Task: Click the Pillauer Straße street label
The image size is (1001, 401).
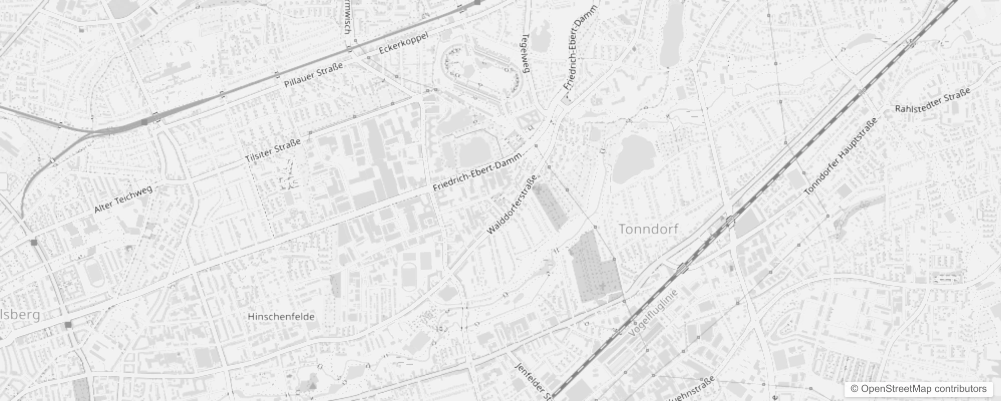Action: (x=313, y=75)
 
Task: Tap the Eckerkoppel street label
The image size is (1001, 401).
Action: (x=404, y=43)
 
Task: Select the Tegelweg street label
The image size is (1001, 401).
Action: (x=526, y=54)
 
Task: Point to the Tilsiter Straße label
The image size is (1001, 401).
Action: (x=273, y=150)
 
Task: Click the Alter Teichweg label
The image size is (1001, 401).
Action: (x=123, y=198)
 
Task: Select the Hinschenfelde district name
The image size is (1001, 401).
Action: (x=281, y=317)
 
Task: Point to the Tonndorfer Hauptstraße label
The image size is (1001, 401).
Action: (x=841, y=156)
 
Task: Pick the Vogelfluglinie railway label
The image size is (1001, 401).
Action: (x=652, y=312)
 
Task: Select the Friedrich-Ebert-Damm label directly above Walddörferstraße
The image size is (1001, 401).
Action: (x=478, y=171)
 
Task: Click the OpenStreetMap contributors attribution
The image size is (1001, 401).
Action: (x=918, y=389)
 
